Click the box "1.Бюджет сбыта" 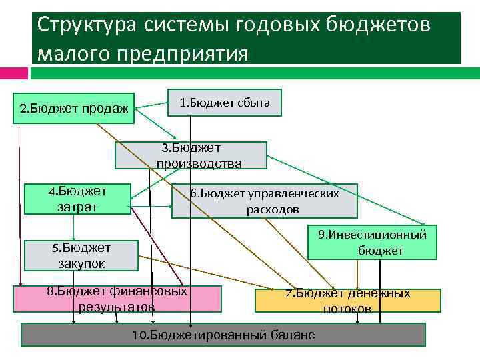(224, 102)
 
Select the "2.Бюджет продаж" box (75, 108)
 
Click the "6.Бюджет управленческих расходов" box (264, 201)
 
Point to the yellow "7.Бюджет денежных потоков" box (347, 301)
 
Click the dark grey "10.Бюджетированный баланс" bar (223, 335)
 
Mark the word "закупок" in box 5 (81, 263)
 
